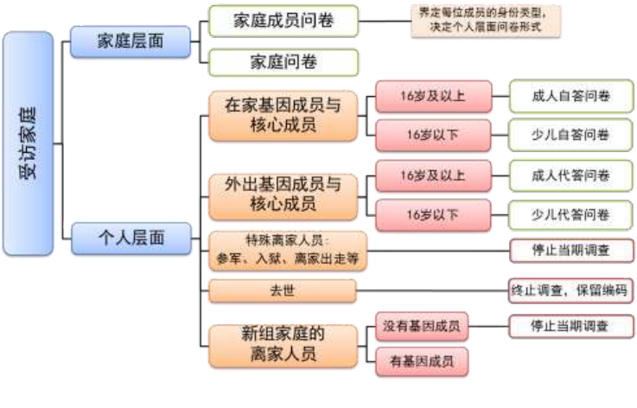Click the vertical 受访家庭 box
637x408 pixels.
coord(29,143)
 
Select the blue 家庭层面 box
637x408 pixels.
coord(129,41)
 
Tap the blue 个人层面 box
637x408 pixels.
coord(131,238)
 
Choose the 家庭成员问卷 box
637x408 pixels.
coord(283,21)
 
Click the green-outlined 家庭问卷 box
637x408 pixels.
coord(283,61)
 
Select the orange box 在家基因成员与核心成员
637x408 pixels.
coord(283,115)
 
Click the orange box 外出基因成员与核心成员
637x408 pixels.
coord(283,194)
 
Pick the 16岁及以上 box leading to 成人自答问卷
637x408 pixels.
coord(433,96)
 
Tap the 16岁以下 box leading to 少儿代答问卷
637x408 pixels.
coord(433,213)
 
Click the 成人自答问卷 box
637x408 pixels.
coord(570,96)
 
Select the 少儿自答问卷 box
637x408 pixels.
coord(570,134)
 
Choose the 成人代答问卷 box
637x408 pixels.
coord(570,175)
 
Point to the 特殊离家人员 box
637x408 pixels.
coord(283,250)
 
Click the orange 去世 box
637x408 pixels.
coord(283,290)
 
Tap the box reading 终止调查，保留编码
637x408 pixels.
coord(570,290)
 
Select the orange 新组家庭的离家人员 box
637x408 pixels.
coord(283,343)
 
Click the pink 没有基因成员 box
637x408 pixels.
coord(421,327)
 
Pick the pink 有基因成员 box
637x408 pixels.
coord(421,361)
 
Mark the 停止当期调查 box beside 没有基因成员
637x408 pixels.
coord(570,327)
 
